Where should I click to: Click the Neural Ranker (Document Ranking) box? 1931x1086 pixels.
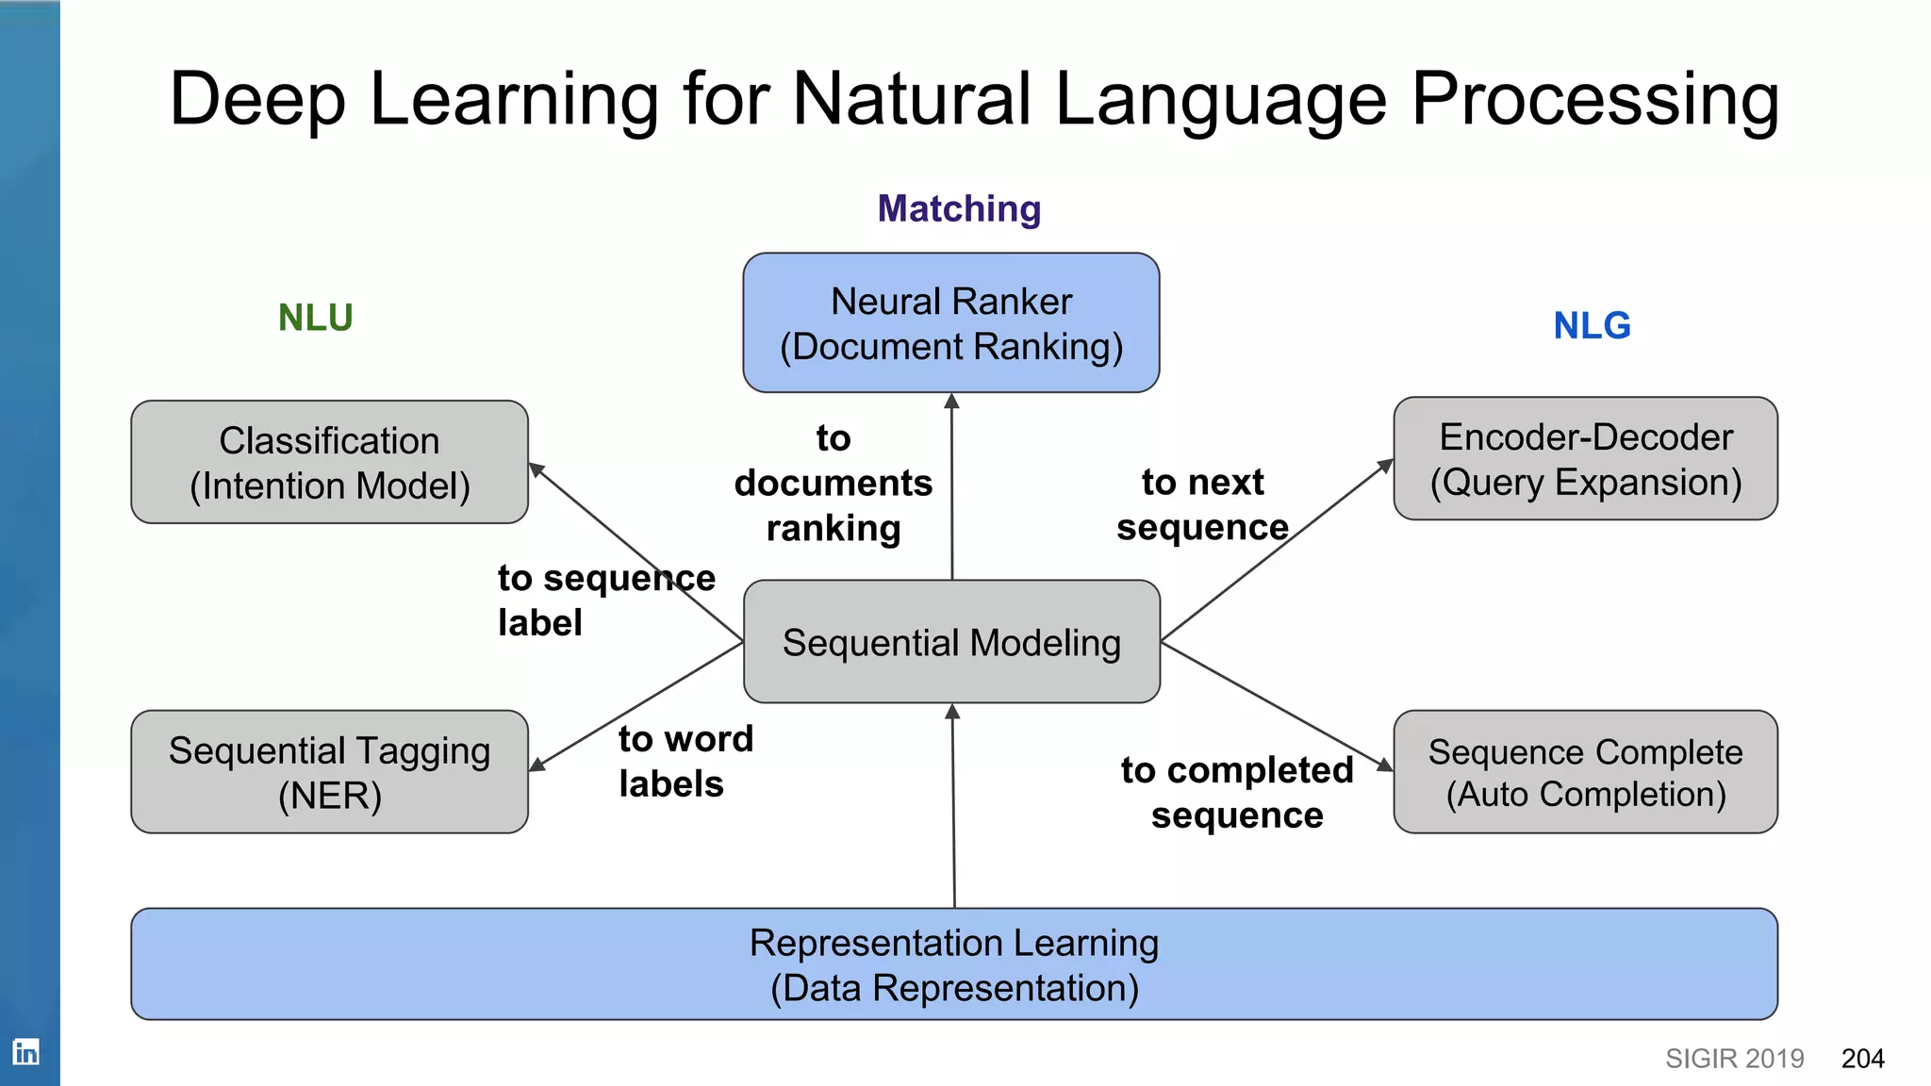[x=950, y=322]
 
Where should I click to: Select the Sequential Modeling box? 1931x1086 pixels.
[x=950, y=642]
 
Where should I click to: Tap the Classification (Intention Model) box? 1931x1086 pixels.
[x=329, y=462]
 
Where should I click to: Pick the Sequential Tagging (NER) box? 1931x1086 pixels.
[x=329, y=772]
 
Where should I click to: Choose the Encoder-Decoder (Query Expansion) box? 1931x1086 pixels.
[x=1585, y=459]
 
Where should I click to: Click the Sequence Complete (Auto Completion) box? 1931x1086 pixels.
[x=1585, y=772]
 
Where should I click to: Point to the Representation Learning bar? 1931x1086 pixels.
[x=953, y=964]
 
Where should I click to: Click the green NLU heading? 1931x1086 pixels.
[x=315, y=318]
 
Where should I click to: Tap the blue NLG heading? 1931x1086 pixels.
[x=1592, y=326]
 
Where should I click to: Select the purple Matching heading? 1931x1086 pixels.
[x=959, y=208]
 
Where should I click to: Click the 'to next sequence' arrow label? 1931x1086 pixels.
[x=1202, y=504]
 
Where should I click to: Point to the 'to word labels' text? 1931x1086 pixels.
[x=685, y=762]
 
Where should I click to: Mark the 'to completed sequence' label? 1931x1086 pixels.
[x=1236, y=792]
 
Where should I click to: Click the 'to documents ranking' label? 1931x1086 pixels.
[x=833, y=483]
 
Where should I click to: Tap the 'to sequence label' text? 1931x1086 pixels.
[x=605, y=600]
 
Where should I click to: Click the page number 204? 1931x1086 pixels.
[x=1862, y=1059]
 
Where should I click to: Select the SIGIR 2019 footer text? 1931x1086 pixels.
[x=1734, y=1059]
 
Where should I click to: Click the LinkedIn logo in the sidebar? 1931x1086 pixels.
[x=25, y=1051]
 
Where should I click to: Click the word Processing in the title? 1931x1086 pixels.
[x=1594, y=100]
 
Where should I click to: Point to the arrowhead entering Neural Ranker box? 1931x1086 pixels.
[x=951, y=402]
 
